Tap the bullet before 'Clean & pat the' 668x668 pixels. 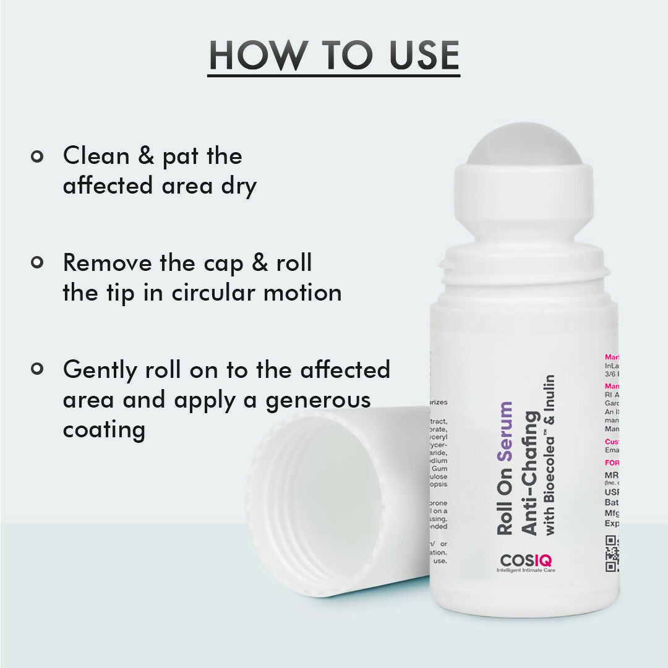pos(37,156)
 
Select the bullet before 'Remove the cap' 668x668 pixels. pos(37,263)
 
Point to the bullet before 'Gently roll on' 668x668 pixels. pos(37,369)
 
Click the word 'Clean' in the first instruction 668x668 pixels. pos(96,156)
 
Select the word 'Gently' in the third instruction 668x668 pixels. pos(100,370)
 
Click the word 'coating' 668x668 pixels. pos(104,430)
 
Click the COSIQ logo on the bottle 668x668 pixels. pos(526,561)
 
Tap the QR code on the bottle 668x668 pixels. pos(612,552)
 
